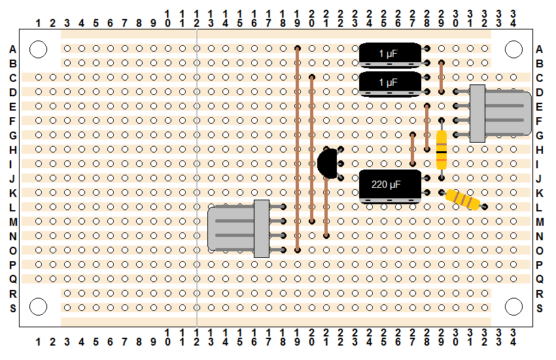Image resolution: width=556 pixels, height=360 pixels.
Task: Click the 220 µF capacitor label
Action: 386,185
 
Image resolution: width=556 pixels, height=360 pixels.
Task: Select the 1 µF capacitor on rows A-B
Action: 390,55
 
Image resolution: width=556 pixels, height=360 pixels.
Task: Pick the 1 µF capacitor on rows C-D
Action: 390,84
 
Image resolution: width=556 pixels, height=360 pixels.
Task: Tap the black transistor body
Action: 328,164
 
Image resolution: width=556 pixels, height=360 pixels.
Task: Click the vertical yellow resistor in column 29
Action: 442,149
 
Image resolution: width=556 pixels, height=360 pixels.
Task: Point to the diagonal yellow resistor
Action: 462,200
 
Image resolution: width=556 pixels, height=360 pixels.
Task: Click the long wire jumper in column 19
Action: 298,149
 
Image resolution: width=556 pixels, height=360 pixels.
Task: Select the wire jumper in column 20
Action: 311,149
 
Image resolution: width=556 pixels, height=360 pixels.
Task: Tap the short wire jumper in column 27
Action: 412,149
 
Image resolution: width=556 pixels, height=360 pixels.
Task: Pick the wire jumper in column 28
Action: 427,128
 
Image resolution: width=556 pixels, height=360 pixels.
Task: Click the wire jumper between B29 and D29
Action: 442,77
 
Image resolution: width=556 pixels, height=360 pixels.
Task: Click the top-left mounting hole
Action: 39,49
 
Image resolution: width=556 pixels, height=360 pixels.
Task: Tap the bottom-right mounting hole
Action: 513,307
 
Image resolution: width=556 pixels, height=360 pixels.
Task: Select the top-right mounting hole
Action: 513,49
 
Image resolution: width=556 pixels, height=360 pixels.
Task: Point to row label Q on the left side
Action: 13,279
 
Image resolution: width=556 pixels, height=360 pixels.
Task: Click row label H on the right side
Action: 540,150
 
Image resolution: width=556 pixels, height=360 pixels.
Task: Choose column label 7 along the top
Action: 124,24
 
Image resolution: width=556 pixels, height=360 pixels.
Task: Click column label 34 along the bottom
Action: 513,337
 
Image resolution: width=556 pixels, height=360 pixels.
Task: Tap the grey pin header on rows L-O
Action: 247,228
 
